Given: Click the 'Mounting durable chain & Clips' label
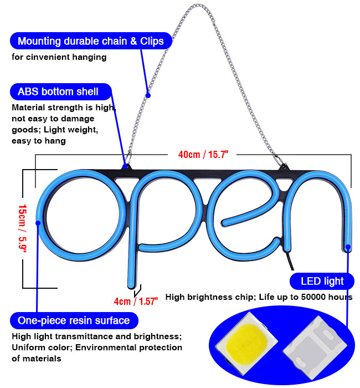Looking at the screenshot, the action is (x=91, y=41).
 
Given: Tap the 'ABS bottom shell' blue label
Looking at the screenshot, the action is (x=61, y=91).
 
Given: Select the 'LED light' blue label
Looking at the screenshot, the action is (x=322, y=281).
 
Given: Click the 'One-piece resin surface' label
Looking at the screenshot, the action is (x=74, y=320).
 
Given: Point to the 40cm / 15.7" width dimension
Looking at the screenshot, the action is (x=203, y=155).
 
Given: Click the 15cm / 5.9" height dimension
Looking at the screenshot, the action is (x=23, y=228).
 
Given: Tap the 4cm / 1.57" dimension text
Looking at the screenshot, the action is (x=136, y=301).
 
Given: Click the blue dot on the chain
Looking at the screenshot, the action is (x=148, y=95).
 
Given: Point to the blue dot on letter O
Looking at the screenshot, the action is (x=38, y=223).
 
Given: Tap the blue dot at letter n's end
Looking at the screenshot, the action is (x=348, y=247).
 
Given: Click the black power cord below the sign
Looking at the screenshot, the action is (x=290, y=261).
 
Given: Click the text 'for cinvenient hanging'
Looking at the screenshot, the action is (x=59, y=57).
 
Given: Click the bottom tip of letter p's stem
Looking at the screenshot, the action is (x=131, y=287).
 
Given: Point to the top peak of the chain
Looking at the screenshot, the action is (x=197, y=4).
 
